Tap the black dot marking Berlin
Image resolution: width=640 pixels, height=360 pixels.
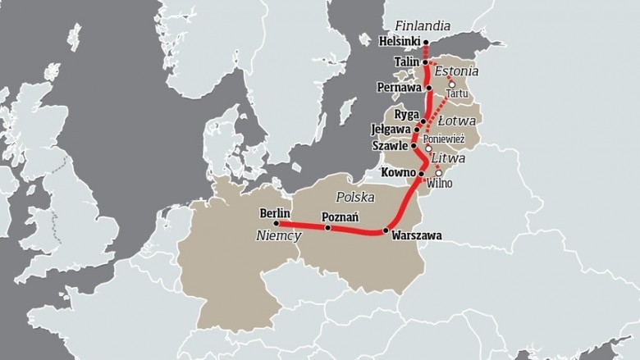tap(276, 223)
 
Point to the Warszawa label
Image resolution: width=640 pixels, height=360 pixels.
tap(417, 235)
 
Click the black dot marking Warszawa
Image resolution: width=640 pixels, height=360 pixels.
tap(385, 231)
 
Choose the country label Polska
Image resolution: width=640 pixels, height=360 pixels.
tap(355, 198)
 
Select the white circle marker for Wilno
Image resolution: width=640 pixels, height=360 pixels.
tap(438, 173)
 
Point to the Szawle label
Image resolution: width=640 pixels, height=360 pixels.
tap(390, 146)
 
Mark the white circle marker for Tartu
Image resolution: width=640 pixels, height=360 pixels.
tap(450, 84)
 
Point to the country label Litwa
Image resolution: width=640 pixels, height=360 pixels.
tap(454, 156)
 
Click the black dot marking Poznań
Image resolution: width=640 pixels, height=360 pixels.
tap(327, 228)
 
